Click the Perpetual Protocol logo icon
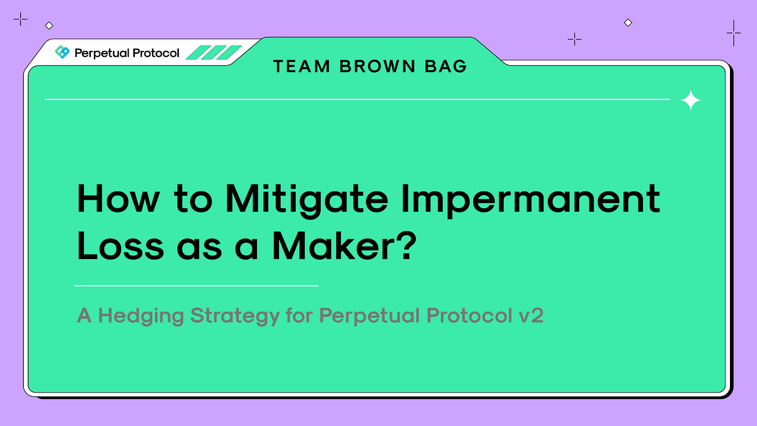tap(62, 52)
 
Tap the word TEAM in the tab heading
tap(302, 66)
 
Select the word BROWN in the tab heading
tap(377, 66)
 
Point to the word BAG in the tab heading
tap(446, 66)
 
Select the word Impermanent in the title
tap(530, 201)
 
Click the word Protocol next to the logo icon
tap(156, 53)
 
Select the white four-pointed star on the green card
tap(690, 100)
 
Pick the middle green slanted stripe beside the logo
tap(214, 52)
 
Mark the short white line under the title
tap(197, 285)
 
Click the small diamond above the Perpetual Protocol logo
tap(49, 25)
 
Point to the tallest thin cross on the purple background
tap(734, 33)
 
